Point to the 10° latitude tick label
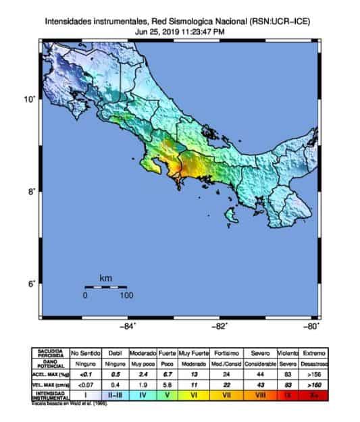point(30,100)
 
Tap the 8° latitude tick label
point(30,192)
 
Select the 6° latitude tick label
point(30,284)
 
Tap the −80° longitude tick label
point(311,327)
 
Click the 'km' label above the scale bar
point(105,278)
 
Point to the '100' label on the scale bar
point(126,295)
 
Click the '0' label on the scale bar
point(86,295)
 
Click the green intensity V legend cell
point(167,396)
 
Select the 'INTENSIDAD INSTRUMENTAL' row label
point(51,396)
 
